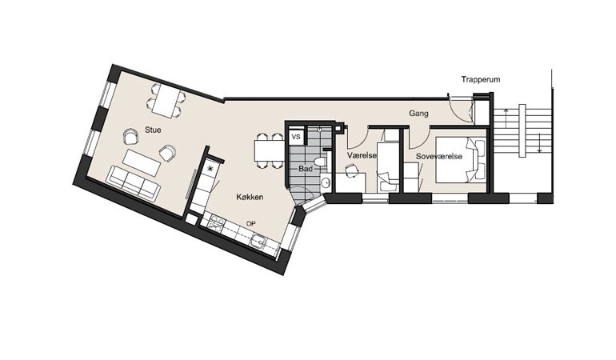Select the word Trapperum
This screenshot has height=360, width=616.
coord(481,79)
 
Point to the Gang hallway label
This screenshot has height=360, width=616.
coord(419,114)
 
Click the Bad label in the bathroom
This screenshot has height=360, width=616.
coord(306,170)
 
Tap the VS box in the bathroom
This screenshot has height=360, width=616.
coord(295,138)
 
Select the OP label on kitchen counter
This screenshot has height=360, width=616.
coord(250,223)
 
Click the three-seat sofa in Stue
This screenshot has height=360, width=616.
coord(131,182)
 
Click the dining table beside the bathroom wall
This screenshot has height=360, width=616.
coord(265,149)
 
